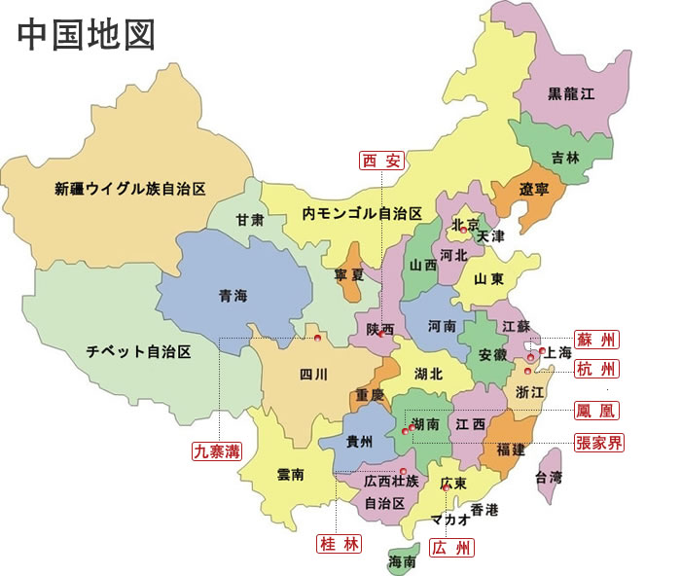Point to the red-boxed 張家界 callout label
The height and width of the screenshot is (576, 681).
click(x=598, y=442)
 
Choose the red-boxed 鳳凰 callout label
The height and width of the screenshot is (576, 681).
click(x=596, y=411)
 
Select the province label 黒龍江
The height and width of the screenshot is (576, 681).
click(x=570, y=93)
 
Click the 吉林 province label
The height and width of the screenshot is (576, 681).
click(x=564, y=157)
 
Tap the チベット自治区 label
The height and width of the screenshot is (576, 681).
click(x=137, y=350)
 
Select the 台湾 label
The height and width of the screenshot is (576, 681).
click(x=549, y=477)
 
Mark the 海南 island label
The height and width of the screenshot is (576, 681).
click(x=402, y=561)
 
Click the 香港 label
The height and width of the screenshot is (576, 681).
click(x=484, y=510)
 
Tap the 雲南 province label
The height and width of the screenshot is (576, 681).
click(x=290, y=474)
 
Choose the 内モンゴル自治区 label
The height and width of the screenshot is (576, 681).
click(x=361, y=213)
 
